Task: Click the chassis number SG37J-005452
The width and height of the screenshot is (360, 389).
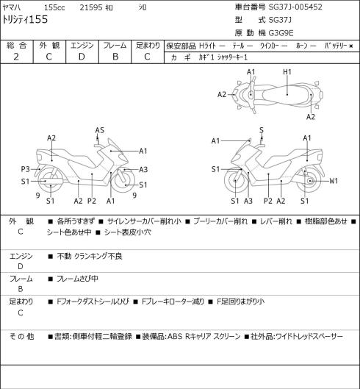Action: point(295,7)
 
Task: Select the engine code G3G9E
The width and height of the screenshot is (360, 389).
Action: point(281,33)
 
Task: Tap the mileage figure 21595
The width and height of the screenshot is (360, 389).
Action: point(91,7)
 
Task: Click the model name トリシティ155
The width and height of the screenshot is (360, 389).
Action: point(25,20)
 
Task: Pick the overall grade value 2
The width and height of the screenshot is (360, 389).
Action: point(16,57)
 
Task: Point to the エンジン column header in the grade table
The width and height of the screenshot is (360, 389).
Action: point(82,46)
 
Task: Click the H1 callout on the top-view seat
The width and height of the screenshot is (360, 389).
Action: point(287,72)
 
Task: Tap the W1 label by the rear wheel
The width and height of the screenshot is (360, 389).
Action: point(334,181)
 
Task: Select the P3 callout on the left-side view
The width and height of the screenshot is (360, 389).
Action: point(25,169)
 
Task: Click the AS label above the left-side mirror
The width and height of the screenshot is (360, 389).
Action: point(100,130)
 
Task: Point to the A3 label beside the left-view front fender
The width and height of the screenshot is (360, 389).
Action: point(143,170)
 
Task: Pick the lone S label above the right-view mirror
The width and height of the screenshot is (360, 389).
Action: point(262,130)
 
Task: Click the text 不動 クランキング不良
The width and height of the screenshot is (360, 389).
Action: point(90,256)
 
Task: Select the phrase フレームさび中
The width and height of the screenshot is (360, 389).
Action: point(77,279)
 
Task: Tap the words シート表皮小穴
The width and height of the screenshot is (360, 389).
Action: point(127,232)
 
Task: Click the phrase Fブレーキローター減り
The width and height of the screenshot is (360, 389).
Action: point(173,301)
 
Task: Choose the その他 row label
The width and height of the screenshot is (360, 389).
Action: point(21,337)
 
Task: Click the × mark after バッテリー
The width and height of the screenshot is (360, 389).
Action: point(351,46)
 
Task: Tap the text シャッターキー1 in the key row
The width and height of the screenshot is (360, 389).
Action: point(232,57)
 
